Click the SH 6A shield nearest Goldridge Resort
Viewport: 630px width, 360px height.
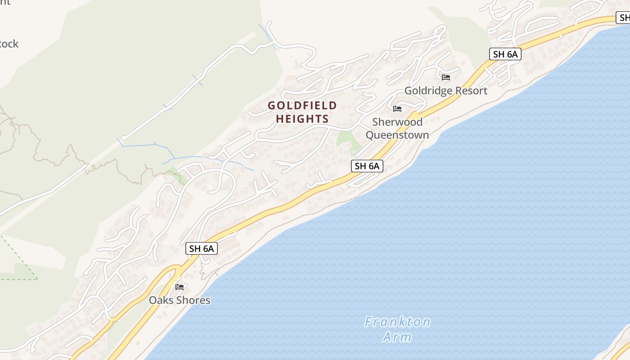pos(505,54)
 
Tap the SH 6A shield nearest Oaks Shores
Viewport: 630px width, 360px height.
pos(202,248)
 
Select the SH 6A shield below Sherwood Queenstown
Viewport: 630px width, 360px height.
pos(367,166)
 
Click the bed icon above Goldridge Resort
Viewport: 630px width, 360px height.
pos(446,77)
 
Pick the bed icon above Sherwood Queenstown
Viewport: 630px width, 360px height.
pos(397,109)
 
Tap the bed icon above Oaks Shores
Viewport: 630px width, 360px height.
pos(180,287)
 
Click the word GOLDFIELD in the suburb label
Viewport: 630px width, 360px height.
pos(302,106)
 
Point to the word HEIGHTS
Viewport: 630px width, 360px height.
pos(302,119)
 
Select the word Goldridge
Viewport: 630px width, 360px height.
pos(428,91)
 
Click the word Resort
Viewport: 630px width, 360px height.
pos(471,91)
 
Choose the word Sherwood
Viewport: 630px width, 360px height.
pos(397,122)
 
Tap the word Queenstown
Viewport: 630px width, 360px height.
pos(397,135)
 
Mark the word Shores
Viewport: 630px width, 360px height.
pos(194,300)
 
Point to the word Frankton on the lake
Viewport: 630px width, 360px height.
pos(397,322)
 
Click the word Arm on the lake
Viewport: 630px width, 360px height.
pos(397,337)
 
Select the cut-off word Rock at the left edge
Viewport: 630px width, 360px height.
pos(9,44)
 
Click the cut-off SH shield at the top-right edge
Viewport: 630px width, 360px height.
pos(623,18)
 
